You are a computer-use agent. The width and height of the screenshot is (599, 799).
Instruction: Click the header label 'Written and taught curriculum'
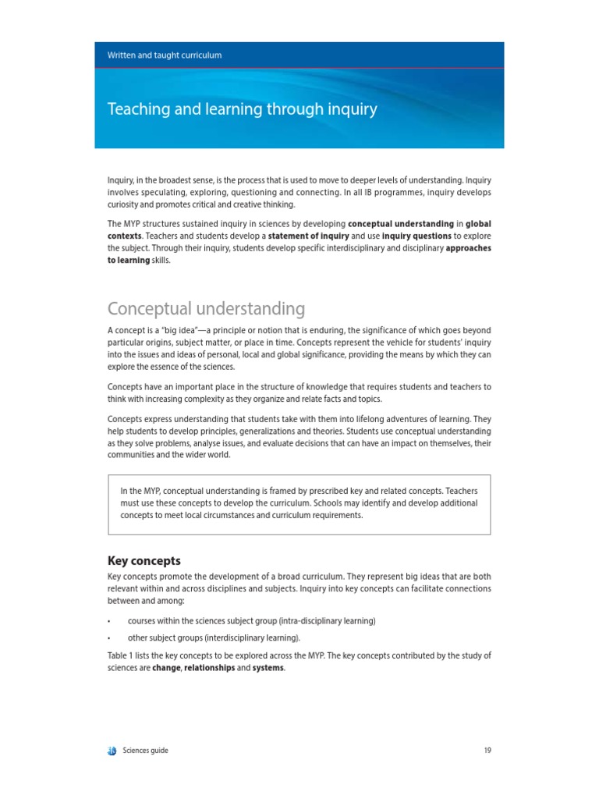tap(165, 55)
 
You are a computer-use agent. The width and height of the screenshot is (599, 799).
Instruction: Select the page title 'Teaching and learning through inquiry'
tap(242, 109)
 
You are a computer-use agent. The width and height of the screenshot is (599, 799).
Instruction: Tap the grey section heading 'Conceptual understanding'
tap(206, 308)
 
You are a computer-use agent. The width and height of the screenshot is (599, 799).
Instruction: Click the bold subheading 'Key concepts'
tap(144, 560)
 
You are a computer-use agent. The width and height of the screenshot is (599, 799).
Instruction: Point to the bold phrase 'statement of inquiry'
tap(308, 236)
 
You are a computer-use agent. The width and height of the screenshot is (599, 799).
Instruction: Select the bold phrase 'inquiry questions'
tap(416, 236)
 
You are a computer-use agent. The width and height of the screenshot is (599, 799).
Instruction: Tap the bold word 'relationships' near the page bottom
tap(209, 668)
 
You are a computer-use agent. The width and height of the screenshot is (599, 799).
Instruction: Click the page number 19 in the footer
tap(487, 751)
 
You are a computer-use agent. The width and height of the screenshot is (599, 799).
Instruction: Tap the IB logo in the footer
tap(112, 751)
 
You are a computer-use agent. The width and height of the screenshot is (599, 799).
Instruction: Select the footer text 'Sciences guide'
tap(145, 751)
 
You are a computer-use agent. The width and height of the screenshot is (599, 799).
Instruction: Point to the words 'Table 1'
tap(121, 656)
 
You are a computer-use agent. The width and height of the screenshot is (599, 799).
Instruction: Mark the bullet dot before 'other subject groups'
tap(109, 638)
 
